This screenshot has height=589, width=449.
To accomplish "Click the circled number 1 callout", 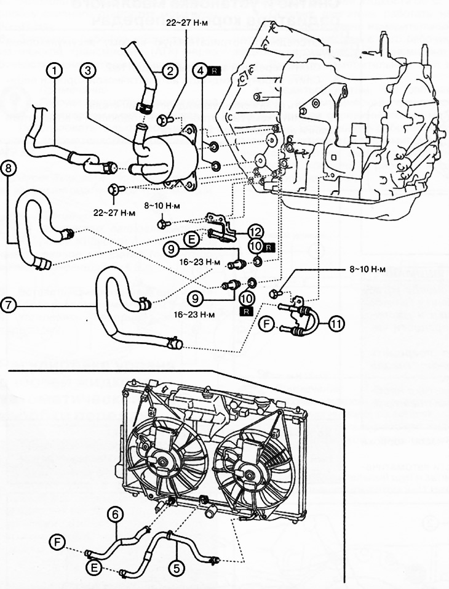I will click(55, 71).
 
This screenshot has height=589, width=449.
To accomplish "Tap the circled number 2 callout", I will click(170, 71).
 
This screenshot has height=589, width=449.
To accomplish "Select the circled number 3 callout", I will click(89, 71).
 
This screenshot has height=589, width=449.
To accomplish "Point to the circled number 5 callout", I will click(177, 568).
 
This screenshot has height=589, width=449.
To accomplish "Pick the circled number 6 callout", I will click(115, 513).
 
